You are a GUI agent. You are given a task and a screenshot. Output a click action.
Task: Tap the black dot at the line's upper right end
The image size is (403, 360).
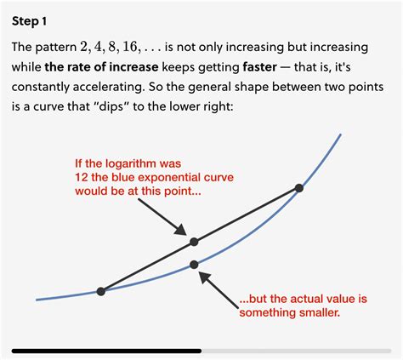(298, 188)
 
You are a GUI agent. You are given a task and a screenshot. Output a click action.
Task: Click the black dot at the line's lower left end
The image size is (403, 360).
(101, 291)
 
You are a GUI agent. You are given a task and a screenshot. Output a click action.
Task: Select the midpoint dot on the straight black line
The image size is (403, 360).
(194, 243)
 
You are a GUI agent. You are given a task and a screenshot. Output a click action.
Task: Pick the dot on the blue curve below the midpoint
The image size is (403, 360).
(195, 265)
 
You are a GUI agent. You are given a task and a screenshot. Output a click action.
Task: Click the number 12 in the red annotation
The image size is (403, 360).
(82, 176)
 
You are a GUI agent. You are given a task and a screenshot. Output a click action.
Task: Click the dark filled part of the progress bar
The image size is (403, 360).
(106, 350)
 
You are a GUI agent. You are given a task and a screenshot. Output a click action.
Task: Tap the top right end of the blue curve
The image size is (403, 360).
(341, 134)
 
